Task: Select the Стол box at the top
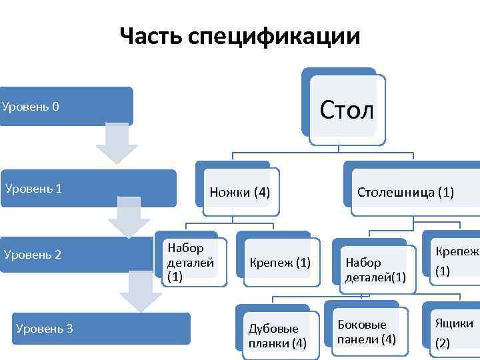(x=347, y=109)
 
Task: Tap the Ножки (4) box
(x=239, y=193)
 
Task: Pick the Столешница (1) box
(x=405, y=193)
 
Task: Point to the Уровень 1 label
(x=33, y=188)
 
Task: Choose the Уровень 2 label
(x=33, y=254)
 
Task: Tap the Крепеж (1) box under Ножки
(x=280, y=262)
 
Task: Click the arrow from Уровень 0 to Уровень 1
(x=116, y=144)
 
